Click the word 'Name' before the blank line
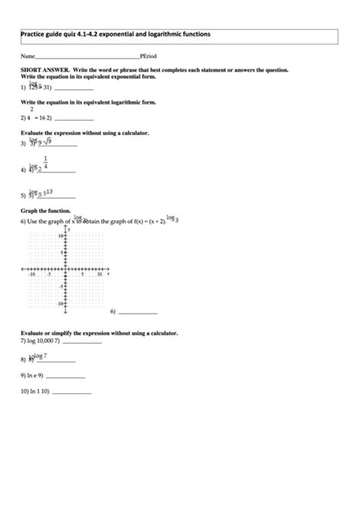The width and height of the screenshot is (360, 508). (27, 57)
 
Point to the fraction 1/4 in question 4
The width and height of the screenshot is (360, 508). (46, 162)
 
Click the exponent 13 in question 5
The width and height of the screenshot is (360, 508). (49, 192)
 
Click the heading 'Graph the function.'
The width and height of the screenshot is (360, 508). (46, 210)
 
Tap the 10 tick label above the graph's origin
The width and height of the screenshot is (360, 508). (61, 236)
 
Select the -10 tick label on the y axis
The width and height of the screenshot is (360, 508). (60, 303)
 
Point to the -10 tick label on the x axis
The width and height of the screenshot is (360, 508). (31, 274)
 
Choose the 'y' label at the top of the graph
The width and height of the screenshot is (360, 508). (69, 229)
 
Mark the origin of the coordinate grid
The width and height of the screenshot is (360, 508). (67, 270)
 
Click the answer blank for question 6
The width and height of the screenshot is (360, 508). (138, 313)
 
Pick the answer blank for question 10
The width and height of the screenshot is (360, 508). (71, 393)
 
